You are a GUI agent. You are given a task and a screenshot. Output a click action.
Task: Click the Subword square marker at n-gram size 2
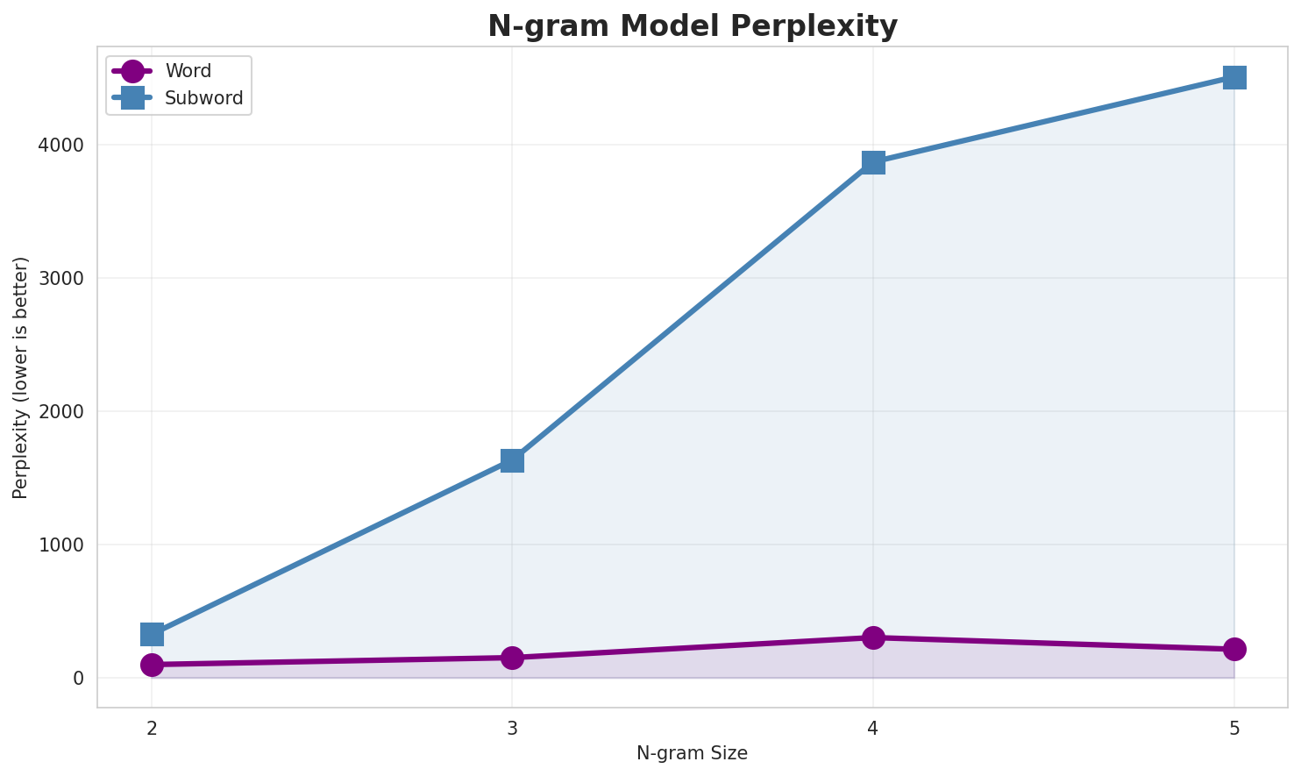click(152, 634)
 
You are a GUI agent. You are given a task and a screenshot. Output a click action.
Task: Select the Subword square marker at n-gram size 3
click(512, 460)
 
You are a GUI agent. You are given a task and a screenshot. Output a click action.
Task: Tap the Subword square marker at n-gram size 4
click(873, 162)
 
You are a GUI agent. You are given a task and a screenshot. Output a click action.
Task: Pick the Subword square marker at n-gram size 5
click(1234, 77)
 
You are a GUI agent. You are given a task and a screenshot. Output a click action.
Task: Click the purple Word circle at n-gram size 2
click(152, 665)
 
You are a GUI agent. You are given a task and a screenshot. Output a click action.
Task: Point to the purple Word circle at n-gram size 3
click(512, 658)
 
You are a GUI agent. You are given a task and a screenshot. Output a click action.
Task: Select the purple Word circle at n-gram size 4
click(873, 637)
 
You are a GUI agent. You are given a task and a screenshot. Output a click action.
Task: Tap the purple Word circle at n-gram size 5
click(1234, 649)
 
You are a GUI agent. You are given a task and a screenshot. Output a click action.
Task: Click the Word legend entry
click(188, 71)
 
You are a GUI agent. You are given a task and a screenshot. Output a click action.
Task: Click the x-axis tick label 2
click(152, 729)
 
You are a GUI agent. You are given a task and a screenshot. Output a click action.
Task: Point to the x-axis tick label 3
click(512, 729)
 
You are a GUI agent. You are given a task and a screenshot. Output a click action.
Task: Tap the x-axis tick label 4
click(873, 729)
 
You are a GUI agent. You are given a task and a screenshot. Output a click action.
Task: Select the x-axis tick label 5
click(1234, 729)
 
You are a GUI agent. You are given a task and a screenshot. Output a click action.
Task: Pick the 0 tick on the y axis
click(79, 678)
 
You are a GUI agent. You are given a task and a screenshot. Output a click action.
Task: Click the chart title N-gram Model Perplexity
click(693, 26)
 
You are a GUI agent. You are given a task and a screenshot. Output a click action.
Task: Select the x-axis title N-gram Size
click(692, 753)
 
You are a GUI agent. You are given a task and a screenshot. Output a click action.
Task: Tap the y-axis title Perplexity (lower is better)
click(21, 377)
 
